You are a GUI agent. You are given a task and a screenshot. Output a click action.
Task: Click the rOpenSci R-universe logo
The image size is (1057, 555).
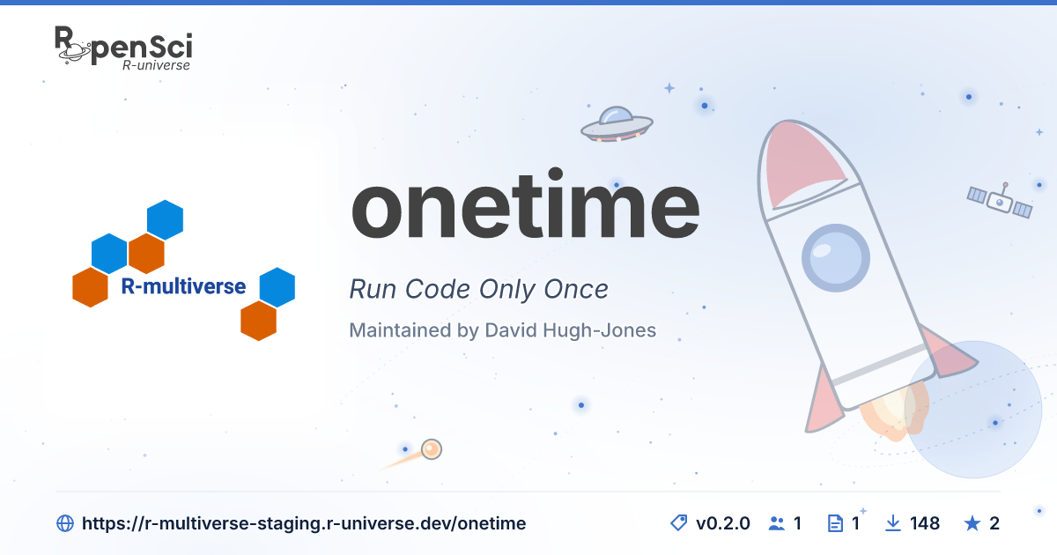(x=123, y=48)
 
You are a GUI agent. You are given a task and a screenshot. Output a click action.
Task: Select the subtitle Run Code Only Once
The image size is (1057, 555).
(x=478, y=289)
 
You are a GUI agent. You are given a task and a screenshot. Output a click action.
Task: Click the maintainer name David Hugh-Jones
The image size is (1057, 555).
(x=570, y=329)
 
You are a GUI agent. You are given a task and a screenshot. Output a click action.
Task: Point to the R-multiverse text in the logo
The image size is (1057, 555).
(x=183, y=286)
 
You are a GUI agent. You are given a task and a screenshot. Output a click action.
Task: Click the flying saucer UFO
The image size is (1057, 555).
(x=617, y=124)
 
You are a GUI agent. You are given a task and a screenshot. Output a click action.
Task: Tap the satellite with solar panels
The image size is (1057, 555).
(x=1000, y=201)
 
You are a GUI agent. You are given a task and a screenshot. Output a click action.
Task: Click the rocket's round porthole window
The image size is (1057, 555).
(x=836, y=257)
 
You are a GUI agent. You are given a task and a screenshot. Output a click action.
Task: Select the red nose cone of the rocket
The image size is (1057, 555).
(x=802, y=163)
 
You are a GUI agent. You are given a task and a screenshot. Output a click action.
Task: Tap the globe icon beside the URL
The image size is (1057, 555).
(x=65, y=523)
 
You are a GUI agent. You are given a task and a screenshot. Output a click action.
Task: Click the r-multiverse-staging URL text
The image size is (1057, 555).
(x=304, y=523)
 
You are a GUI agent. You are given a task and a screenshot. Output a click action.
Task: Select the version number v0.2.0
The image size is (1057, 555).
(x=722, y=523)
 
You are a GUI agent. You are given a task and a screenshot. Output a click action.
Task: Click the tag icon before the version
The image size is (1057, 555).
(x=679, y=523)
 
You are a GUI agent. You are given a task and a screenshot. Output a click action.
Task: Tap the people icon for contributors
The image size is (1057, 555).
(x=777, y=523)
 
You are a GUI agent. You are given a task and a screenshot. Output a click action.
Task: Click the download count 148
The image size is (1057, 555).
(x=924, y=523)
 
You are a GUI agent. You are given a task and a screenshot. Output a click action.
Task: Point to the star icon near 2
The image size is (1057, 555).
(x=972, y=523)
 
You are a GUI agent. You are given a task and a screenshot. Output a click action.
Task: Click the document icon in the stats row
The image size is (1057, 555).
(x=836, y=523)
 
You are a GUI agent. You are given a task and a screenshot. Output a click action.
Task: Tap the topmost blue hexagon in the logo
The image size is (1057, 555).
(x=166, y=220)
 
